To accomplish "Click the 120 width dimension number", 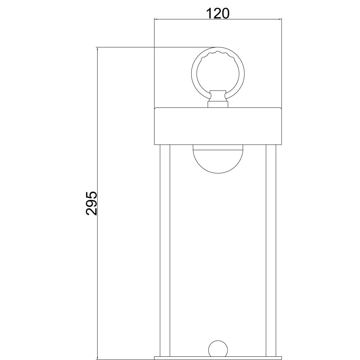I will click(x=218, y=13).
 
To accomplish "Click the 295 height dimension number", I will click(x=91, y=203).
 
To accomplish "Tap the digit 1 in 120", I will click(x=209, y=13).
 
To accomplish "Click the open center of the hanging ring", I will click(x=218, y=74).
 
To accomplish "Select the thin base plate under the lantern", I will click(x=218, y=358).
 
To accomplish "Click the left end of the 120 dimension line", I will click(x=155, y=19).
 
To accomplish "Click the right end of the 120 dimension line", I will click(x=281, y=19).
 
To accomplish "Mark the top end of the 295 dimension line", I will click(x=98, y=48).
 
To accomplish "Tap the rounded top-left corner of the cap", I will click(x=156, y=108).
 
